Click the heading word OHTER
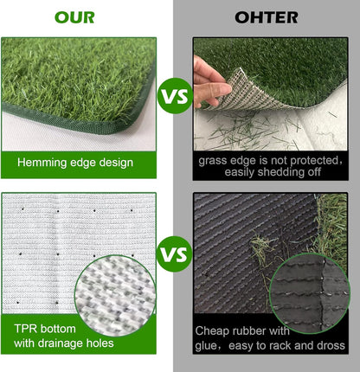pos(267,17)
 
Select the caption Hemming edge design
pos(74,161)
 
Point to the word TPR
pos(27,330)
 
